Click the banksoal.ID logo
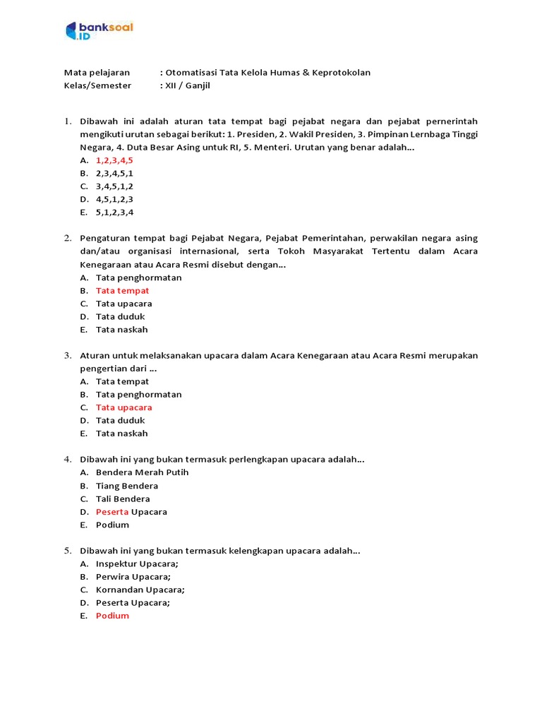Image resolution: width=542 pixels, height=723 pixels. tap(99, 30)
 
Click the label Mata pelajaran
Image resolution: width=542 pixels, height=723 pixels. tap(97, 73)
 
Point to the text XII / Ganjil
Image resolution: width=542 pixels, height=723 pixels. tap(188, 86)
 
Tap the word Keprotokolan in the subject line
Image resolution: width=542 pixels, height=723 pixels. tap(342, 73)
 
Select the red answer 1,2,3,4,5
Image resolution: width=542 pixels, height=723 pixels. tap(114, 160)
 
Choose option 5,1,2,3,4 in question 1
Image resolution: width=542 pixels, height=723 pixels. tap(114, 213)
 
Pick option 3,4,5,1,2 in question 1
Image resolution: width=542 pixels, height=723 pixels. tap(114, 186)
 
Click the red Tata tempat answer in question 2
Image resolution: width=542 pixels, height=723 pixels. tap(122, 291)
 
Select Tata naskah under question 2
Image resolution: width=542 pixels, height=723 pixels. tap(121, 330)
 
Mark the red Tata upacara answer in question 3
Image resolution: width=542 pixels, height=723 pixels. tap(124, 407)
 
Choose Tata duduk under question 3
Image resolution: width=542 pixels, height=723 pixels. tap(120, 421)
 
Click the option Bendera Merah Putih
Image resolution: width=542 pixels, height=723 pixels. tap(142, 472)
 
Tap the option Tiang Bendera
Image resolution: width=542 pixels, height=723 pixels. tap(127, 486)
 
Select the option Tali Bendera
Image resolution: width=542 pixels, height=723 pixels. tap(123, 499)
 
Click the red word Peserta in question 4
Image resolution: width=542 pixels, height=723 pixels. tap(112, 512)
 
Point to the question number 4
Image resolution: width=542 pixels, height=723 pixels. tap(67, 460)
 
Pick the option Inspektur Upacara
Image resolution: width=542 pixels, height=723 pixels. tap(137, 563)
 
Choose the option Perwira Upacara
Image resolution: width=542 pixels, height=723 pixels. tap(133, 577)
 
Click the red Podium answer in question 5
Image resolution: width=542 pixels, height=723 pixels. tap(112, 616)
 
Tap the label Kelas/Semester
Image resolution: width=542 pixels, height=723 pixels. tap(97, 86)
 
